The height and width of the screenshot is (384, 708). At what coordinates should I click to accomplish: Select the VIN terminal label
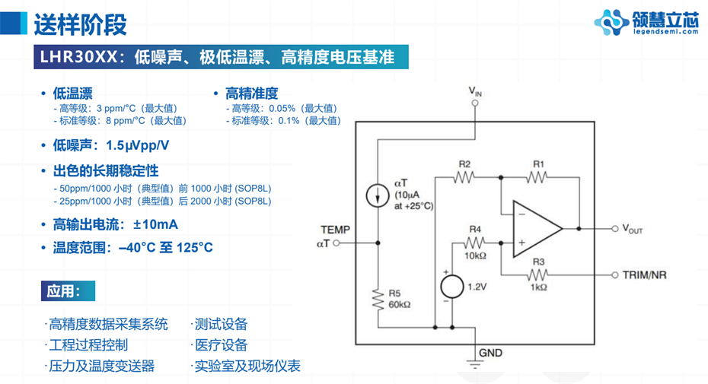[x=475, y=92]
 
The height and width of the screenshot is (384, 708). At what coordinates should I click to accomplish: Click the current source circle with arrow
[x=378, y=195]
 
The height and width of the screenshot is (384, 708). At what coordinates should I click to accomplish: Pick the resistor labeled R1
[x=537, y=177]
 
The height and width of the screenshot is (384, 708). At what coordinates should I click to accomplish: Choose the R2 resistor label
[x=464, y=164]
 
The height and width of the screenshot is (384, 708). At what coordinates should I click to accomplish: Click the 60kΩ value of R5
[x=400, y=304]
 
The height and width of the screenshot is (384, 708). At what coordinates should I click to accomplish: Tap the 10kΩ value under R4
[x=474, y=257]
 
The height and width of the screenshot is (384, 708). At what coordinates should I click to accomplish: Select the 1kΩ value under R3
[x=538, y=287]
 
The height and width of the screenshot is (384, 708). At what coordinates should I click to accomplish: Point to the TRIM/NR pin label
[x=644, y=275]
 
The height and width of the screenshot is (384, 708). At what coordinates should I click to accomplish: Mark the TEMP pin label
[x=335, y=230]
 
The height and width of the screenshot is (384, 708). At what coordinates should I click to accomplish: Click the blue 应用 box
[x=69, y=290]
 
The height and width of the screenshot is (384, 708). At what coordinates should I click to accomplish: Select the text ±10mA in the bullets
[x=156, y=224]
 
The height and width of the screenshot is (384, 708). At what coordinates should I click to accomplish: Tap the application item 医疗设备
[x=222, y=345]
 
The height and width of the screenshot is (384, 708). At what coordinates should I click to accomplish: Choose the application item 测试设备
[x=222, y=325]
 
